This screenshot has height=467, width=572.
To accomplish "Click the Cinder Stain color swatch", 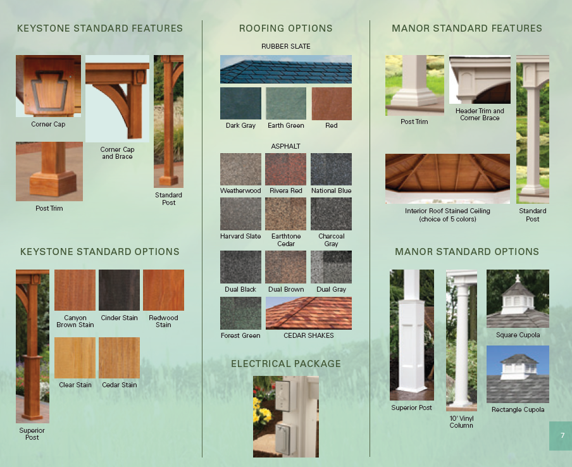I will (119, 290).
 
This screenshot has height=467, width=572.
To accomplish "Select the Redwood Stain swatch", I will (163, 290).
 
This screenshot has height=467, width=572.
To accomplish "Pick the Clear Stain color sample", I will (75, 358).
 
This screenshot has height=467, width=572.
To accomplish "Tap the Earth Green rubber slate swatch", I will (286, 103).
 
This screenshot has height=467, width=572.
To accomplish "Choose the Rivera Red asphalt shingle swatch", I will (286, 169).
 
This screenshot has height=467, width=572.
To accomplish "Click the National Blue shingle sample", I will (331, 169).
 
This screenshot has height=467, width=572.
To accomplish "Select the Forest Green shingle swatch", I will (240, 313).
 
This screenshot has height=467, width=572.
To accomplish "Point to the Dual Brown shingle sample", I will (286, 267).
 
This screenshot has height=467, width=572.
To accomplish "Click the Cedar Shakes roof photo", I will (309, 313).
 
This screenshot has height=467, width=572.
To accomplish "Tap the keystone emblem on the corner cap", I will (48, 89).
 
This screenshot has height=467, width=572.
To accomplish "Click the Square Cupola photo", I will (518, 299).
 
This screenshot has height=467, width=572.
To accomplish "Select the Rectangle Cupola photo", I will (518, 374).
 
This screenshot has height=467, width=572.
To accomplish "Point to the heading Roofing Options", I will (286, 28).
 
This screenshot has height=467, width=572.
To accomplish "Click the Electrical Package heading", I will (286, 364).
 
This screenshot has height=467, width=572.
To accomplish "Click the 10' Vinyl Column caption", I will (461, 422).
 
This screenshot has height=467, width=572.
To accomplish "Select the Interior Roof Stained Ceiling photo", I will (447, 178).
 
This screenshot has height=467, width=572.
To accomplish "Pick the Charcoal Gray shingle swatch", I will (331, 214).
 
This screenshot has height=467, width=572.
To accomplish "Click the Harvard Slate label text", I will (240, 237).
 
